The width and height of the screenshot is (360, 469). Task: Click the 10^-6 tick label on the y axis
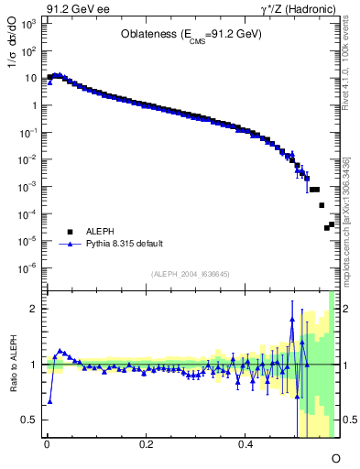[x=29, y=268]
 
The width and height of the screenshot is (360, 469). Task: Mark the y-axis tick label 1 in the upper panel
[x=35, y=105]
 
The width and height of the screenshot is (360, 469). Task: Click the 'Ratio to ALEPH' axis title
[x=13, y=365]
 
